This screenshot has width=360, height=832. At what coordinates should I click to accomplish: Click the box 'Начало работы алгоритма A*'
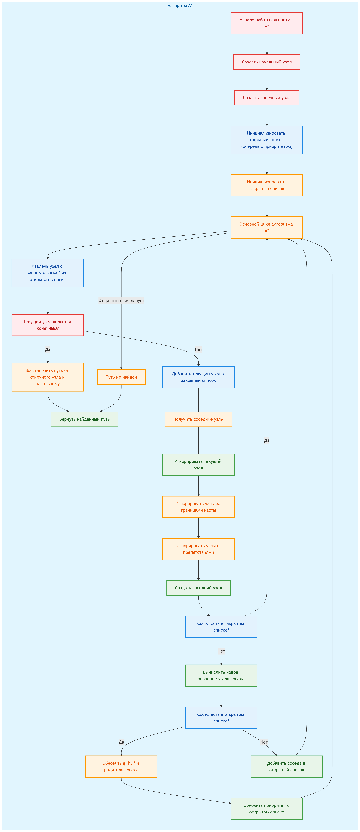pos(267,23)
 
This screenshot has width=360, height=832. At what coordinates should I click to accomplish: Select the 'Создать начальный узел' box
pos(267,62)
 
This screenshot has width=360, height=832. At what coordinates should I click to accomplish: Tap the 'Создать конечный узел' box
pos(267,98)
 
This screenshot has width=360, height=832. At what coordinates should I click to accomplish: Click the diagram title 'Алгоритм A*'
pos(180,6)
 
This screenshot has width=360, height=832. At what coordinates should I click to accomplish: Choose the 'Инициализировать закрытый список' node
pos(267,185)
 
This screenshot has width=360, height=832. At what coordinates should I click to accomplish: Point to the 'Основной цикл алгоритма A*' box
pos(267,227)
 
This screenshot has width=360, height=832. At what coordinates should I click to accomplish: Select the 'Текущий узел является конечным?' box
pos(48,325)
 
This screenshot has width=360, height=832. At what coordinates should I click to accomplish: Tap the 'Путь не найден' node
pos(121,377)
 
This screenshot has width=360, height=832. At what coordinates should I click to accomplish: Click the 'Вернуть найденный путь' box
pos(84,419)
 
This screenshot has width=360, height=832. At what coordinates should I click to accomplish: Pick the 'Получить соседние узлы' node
pos(198,419)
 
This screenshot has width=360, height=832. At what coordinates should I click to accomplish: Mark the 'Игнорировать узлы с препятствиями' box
pos(198,549)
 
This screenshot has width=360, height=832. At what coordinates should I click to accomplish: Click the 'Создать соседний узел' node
pos(198,588)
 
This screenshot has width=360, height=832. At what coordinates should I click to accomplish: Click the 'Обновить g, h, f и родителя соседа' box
pos(121,766)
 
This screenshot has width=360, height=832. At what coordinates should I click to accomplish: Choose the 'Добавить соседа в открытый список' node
pos(287,766)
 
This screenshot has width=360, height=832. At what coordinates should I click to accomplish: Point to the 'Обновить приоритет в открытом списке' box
pos(267,809)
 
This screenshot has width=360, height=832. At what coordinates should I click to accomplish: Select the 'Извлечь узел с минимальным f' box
pos(48,273)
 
